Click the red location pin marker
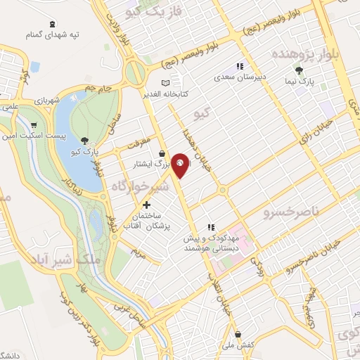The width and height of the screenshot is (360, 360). click(x=181, y=164)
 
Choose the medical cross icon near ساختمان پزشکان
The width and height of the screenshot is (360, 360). click(x=146, y=204)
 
